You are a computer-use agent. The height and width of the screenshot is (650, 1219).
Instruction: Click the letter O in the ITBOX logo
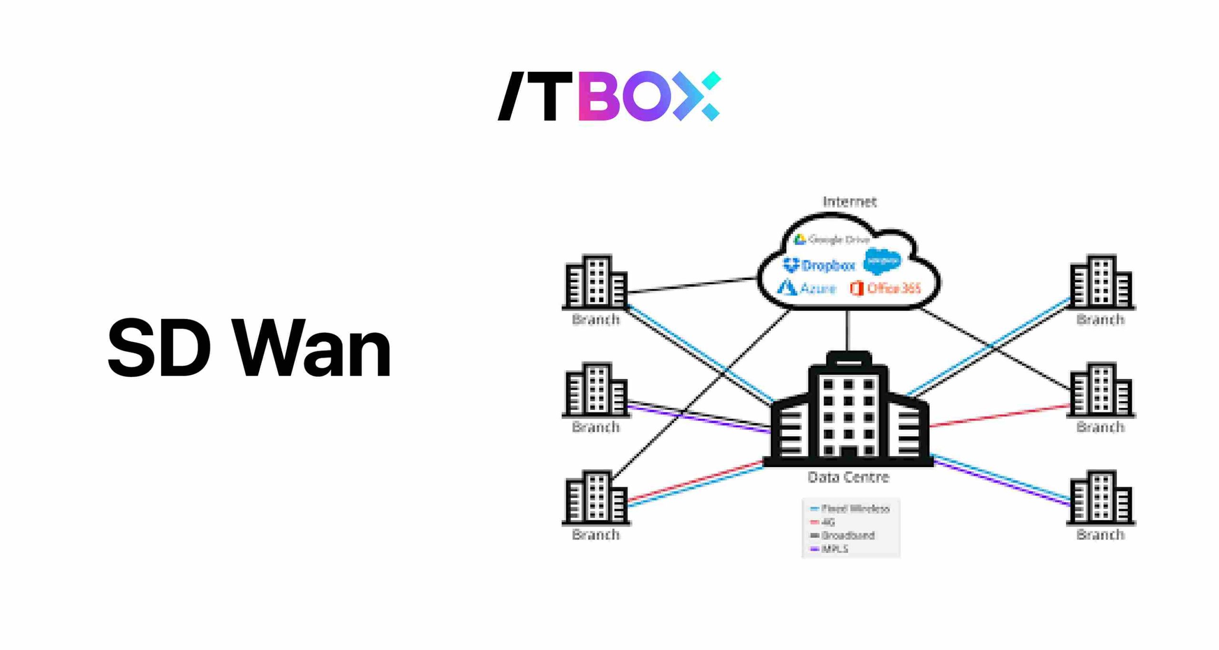646,96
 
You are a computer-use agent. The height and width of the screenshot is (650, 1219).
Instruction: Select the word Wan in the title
314,348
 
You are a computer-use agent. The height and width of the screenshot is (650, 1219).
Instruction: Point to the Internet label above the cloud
849,202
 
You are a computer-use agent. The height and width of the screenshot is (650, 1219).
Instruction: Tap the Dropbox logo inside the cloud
819,265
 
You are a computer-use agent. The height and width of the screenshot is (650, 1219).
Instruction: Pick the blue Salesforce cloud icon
882,261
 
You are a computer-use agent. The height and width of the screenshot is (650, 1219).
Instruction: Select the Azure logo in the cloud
807,288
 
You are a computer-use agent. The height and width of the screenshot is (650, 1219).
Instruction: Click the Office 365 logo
886,288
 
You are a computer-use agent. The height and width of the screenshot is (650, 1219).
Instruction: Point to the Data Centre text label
849,477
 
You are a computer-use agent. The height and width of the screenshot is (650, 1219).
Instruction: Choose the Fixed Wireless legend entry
850,509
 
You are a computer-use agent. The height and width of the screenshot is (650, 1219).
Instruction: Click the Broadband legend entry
843,535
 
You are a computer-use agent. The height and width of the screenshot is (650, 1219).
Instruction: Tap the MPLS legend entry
830,549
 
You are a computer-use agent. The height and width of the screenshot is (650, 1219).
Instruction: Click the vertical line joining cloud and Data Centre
848,330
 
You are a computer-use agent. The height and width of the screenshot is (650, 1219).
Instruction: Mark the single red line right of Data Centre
1000,415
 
